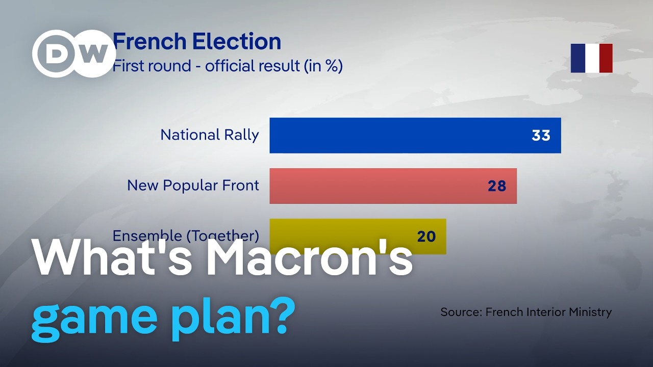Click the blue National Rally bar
click(415, 136)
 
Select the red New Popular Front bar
click(393, 186)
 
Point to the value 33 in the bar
click(541, 136)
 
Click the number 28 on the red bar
click(497, 186)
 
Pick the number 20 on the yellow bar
click(426, 237)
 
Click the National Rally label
click(210, 135)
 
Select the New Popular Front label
click(193, 186)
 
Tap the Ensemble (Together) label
click(186, 236)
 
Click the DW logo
click(74, 54)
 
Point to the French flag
click(591, 58)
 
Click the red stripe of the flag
click(606, 58)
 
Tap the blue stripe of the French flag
click(577, 58)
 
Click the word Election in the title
click(236, 41)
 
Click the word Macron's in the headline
click(309, 258)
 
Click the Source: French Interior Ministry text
click(526, 312)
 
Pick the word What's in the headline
click(113, 258)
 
